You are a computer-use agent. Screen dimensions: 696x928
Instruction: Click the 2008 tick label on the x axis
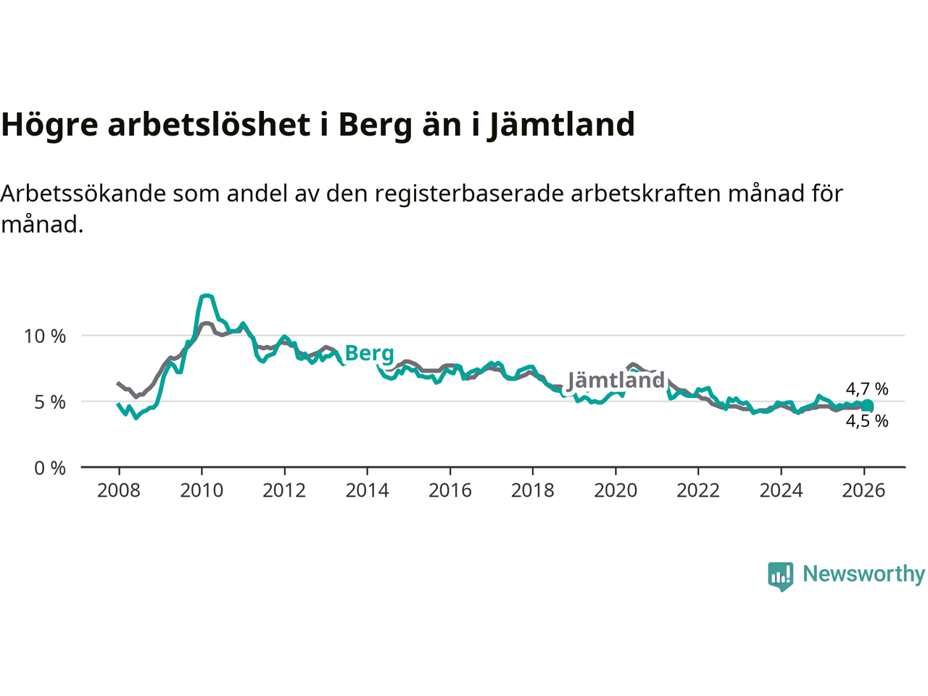click(119, 491)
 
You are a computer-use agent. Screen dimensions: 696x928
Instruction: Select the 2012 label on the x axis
click(284, 491)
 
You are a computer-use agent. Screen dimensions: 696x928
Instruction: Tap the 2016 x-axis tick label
click(449, 491)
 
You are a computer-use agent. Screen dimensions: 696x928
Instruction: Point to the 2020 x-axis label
click(616, 491)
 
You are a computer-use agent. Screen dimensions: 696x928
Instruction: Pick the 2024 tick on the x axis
click(781, 491)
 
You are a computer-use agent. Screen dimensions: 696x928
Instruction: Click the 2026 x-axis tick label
click(863, 491)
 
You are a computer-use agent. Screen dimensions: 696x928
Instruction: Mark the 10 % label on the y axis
click(45, 336)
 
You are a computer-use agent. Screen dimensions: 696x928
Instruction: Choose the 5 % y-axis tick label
click(50, 402)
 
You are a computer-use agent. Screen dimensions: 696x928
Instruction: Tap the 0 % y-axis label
click(50, 468)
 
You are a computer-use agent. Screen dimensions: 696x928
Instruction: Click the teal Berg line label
click(370, 354)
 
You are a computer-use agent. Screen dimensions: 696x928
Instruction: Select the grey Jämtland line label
click(616, 381)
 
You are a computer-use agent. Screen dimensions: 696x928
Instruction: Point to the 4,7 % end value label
click(867, 389)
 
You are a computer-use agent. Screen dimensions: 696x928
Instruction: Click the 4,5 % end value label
click(867, 421)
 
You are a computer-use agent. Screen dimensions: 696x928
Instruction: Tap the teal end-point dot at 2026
click(867, 406)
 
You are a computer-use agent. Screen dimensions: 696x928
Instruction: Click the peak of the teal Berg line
click(207, 296)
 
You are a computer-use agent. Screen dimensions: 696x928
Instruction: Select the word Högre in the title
click(49, 125)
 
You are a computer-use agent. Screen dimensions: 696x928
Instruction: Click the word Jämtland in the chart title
click(560, 125)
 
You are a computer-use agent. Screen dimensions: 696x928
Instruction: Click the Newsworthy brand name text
click(863, 574)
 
